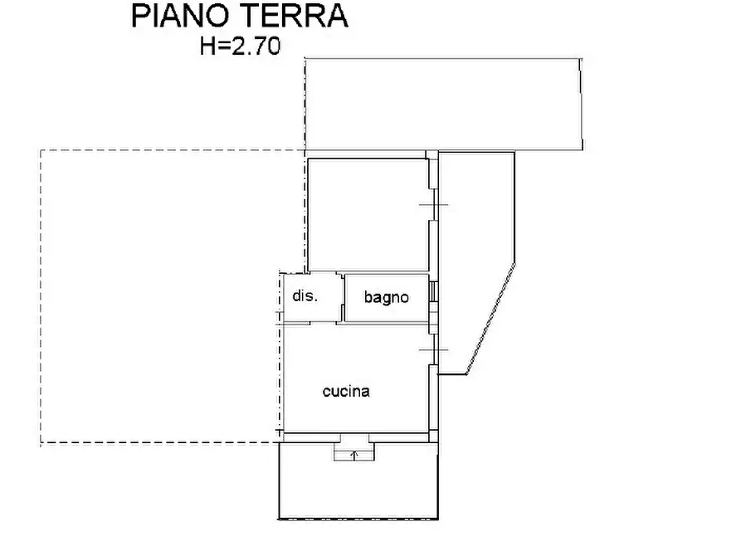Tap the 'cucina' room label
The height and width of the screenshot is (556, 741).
pyautogui.click(x=346, y=392)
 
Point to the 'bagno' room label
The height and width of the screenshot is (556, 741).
pyautogui.click(x=386, y=297)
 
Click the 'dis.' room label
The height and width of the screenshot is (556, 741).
pyautogui.click(x=305, y=295)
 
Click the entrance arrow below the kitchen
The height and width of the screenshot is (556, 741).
pyautogui.click(x=354, y=454)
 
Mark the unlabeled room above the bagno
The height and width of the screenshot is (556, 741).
pyautogui.click(x=368, y=214)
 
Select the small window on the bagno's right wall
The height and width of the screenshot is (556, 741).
pyautogui.click(x=433, y=292)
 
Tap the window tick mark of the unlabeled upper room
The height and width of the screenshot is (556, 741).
pyautogui.click(x=432, y=205)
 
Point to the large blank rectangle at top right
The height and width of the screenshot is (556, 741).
pyautogui.click(x=444, y=104)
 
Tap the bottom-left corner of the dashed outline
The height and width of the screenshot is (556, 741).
pyautogui.click(x=41, y=443)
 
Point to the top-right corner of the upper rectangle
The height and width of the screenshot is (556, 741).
pyautogui.click(x=580, y=58)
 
